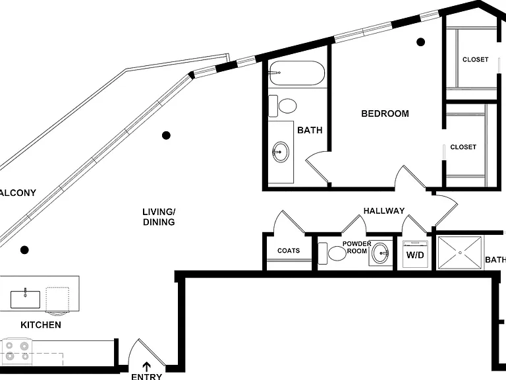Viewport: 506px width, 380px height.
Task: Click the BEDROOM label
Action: pyautogui.click(x=385, y=113)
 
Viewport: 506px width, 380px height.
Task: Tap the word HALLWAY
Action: pyautogui.click(x=384, y=211)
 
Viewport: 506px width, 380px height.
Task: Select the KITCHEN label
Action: pyautogui.click(x=41, y=325)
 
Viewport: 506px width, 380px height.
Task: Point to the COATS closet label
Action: pyautogui.click(x=289, y=251)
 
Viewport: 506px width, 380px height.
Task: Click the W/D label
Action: pyautogui.click(x=415, y=255)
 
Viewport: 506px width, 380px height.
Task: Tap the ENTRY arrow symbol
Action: pyautogui.click(x=147, y=366)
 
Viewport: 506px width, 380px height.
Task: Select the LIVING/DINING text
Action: pyautogui.click(x=159, y=217)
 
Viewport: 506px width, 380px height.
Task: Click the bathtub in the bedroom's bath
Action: pyautogui.click(x=296, y=73)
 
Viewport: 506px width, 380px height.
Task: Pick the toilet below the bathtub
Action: pyautogui.click(x=283, y=106)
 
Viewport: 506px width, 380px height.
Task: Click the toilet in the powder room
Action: pyautogui.click(x=332, y=253)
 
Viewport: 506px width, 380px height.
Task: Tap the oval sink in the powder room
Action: pyautogui.click(x=380, y=253)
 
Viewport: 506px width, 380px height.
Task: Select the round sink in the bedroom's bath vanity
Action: pyautogui.click(x=281, y=152)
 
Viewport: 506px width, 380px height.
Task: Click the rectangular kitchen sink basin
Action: pyautogui.click(x=25, y=300)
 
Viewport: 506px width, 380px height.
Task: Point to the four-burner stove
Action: pyautogui.click(x=16, y=351)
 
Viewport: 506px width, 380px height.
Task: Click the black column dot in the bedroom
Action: pyautogui.click(x=420, y=42)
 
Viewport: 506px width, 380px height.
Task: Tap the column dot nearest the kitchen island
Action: pyautogui.click(x=24, y=250)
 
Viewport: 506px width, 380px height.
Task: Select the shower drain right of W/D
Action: pyautogui.click(x=459, y=253)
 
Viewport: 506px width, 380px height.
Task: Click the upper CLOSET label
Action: pyautogui.click(x=475, y=60)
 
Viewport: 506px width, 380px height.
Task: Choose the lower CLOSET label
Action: pyautogui.click(x=463, y=147)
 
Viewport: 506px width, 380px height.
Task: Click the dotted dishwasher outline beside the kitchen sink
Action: pyautogui.click(x=57, y=300)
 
